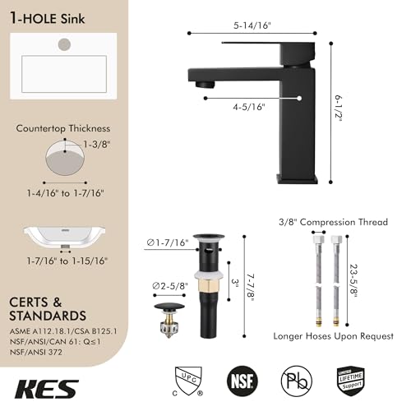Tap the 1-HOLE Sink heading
[46, 15]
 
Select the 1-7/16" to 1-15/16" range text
[66, 261]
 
